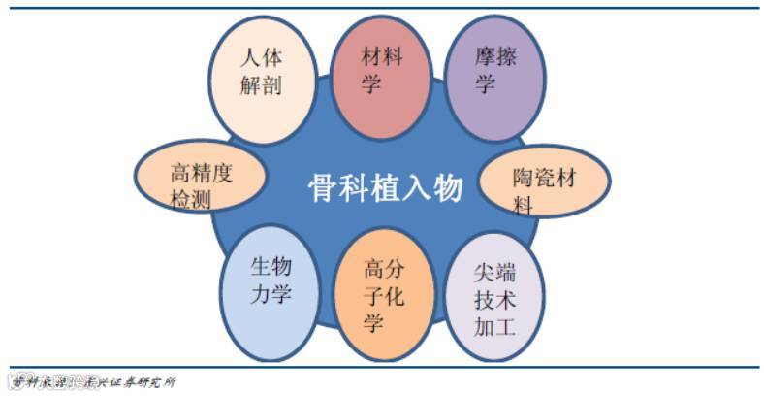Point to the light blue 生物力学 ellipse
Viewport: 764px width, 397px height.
[271, 282]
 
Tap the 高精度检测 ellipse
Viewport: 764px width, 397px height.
[202, 183]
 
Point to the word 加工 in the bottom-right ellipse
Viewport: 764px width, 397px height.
[494, 326]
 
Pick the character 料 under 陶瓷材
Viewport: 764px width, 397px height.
[524, 206]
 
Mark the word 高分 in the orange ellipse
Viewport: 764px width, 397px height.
[384, 268]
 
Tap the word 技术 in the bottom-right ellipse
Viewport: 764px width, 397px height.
[494, 299]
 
